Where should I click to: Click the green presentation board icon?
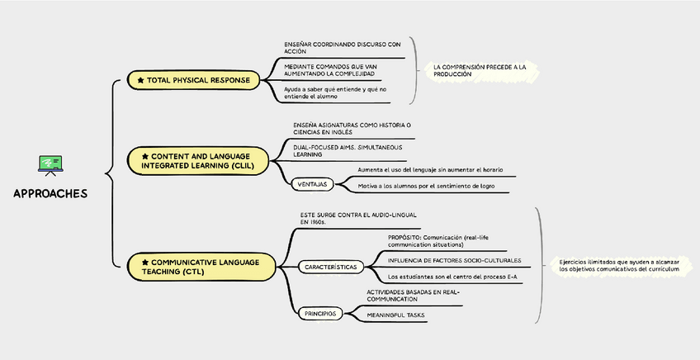[x=50, y=165]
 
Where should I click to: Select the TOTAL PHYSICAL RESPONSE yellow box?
[x=194, y=80]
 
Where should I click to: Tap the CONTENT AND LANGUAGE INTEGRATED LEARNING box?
[x=198, y=160]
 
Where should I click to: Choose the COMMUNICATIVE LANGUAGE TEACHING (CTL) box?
[x=198, y=266]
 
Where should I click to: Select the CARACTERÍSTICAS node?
[x=330, y=268]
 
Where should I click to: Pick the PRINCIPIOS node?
[x=319, y=313]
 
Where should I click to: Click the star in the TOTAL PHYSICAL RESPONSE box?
[x=140, y=80]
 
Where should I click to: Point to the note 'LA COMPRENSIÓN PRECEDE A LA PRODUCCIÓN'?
[x=479, y=70]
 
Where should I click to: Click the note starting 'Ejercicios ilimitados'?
[x=618, y=265]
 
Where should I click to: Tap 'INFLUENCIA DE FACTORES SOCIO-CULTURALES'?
[x=454, y=260]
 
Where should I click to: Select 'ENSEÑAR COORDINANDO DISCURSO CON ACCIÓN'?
[x=341, y=47]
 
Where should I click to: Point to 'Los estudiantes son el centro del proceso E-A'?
[x=452, y=277]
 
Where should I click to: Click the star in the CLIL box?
[x=145, y=155]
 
